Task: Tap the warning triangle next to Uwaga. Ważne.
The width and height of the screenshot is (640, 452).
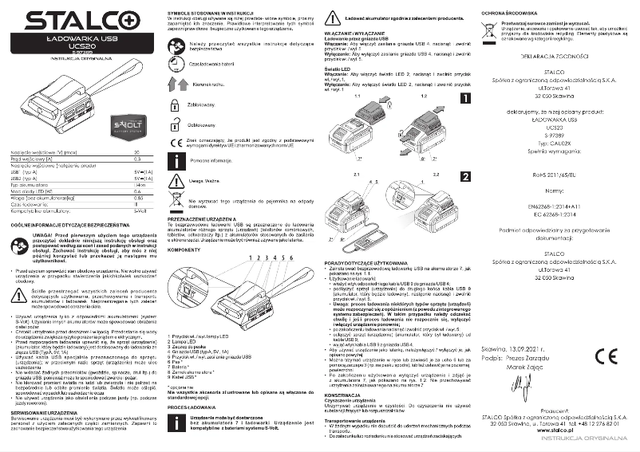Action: [x=175, y=180]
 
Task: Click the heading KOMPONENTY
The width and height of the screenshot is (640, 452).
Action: [x=186, y=250]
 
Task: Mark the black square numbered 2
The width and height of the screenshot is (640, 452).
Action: [x=465, y=177]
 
